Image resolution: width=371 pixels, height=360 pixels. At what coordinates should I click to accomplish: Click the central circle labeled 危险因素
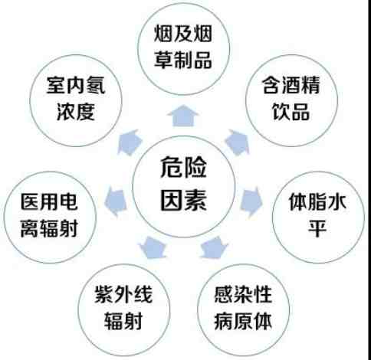(x=183, y=187)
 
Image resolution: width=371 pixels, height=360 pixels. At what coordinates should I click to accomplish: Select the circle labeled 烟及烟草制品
(x=183, y=48)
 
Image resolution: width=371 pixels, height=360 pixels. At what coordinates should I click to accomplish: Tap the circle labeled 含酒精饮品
(x=291, y=100)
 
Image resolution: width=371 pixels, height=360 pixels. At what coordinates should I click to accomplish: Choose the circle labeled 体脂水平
(x=318, y=218)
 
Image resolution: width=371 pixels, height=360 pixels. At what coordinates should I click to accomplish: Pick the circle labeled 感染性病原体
(x=243, y=309)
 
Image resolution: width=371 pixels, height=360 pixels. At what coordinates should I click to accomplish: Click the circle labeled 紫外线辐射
(x=123, y=309)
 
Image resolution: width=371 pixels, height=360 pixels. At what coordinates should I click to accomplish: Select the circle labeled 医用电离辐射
(x=50, y=218)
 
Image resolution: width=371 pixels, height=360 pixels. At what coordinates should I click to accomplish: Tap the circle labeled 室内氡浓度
(x=76, y=100)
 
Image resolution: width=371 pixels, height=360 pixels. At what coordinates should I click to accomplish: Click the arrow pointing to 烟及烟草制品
(x=183, y=116)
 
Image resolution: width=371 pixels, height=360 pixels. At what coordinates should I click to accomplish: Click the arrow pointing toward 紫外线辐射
(x=153, y=247)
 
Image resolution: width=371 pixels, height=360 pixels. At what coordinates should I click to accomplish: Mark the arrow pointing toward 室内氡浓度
(x=130, y=142)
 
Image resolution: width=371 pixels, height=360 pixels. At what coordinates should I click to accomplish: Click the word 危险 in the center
(x=183, y=168)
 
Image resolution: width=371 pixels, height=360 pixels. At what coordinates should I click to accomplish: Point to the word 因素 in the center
(x=183, y=200)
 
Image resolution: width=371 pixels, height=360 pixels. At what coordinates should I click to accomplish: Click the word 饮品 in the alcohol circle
(x=291, y=111)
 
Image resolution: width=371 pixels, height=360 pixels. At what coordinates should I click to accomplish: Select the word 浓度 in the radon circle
(x=76, y=112)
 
